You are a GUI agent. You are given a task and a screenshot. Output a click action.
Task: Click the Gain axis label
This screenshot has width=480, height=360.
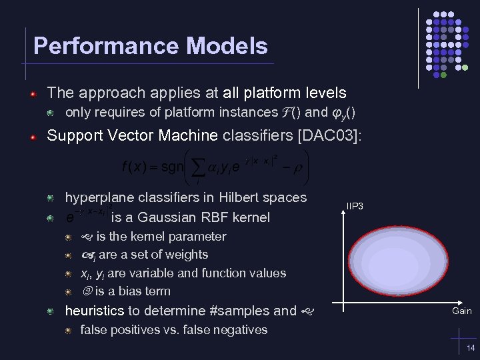point(461,311)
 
